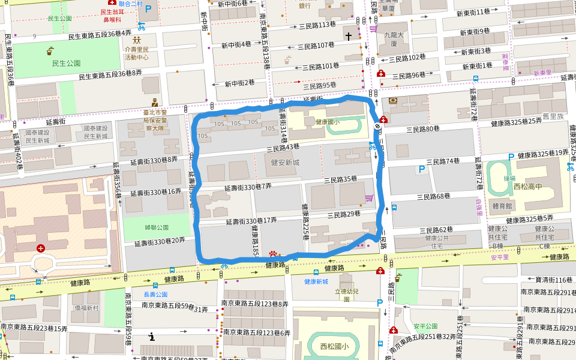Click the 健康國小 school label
327,122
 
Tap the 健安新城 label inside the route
285,163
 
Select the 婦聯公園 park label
157,227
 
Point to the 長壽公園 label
155,295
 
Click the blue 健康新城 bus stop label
316,281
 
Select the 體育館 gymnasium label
502,206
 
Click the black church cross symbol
348,36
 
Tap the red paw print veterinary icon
274,255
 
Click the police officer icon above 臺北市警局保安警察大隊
154,101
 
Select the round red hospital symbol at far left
40,248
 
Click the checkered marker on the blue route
377,126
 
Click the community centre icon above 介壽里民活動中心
128,40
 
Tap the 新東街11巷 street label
473,12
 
